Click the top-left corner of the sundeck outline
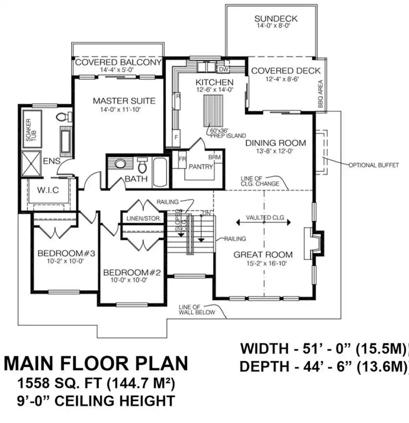tap(226, 5)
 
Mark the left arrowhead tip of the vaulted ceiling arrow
tap(236, 223)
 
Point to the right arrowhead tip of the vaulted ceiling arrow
tap(291, 223)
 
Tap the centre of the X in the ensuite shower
tap(31, 164)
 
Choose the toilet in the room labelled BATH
tap(143, 165)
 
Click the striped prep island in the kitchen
tap(213, 111)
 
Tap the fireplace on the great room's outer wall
tap(314, 243)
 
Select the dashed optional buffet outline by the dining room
tap(322, 152)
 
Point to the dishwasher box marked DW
tap(224, 69)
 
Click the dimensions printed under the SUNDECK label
tap(273, 26)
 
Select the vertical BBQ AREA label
tap(321, 94)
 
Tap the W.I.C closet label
tap(48, 190)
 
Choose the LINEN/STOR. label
tap(144, 219)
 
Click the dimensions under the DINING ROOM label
tap(275, 151)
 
